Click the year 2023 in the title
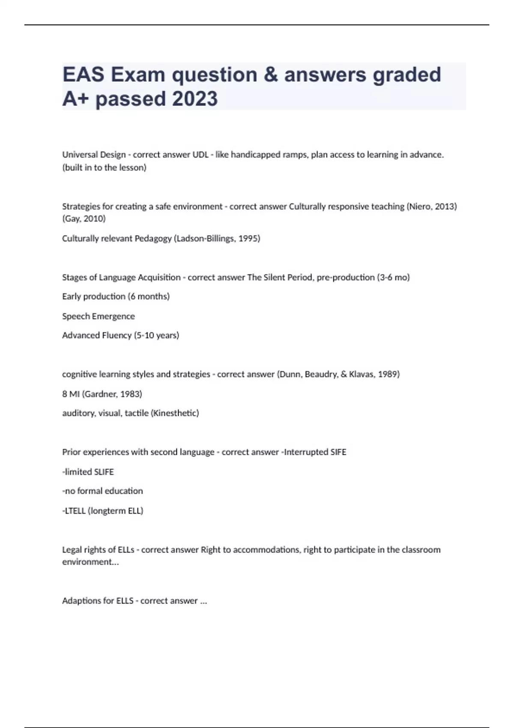[x=195, y=98]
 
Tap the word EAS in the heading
[x=84, y=75]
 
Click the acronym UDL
[x=200, y=155]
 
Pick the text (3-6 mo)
[x=393, y=277]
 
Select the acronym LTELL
[x=75, y=511]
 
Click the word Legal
[x=72, y=550]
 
